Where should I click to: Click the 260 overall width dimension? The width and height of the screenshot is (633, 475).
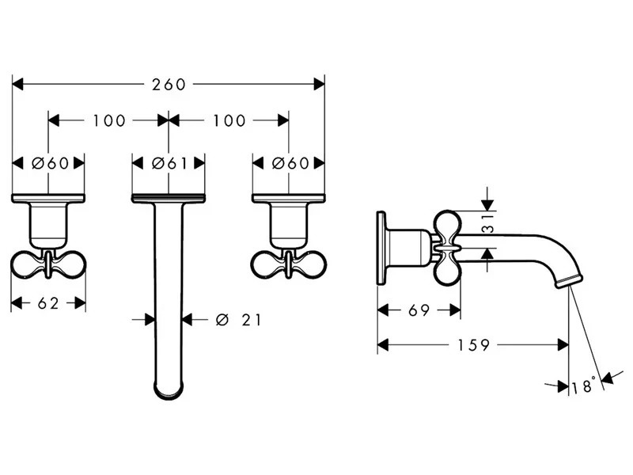(169, 85)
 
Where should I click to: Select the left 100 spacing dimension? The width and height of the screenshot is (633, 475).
(109, 120)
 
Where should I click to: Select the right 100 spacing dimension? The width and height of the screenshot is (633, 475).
(229, 120)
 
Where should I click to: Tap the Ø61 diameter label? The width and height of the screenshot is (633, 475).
(169, 163)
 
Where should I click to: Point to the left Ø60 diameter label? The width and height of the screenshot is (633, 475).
(50, 163)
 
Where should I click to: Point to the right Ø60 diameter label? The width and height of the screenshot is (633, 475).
(290, 163)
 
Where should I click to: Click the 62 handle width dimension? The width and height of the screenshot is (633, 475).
(48, 303)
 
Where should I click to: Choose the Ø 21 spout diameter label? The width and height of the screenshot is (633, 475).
(238, 320)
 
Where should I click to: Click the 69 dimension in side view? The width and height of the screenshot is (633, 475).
(419, 310)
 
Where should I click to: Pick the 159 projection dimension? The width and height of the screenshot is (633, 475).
(473, 345)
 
